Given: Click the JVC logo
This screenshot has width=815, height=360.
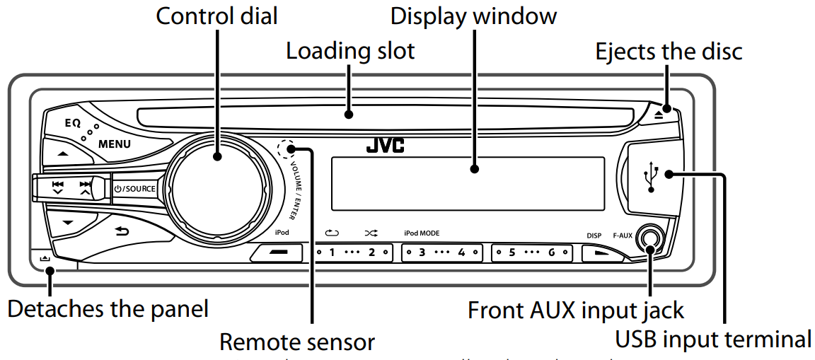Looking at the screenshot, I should coord(385,146).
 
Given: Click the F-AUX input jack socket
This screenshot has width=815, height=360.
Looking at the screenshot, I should coord(649,239).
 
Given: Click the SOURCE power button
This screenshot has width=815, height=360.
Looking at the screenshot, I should coord(134,189).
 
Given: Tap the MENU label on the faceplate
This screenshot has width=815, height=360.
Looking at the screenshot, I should coord(114,144).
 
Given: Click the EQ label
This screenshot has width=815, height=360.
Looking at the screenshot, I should coord(73,122).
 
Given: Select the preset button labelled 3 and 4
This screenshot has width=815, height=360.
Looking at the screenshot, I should coord(441,252).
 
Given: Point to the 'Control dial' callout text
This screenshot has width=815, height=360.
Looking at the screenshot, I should coord(216,16).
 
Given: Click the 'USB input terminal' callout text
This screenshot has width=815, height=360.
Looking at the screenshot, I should coord(713,339).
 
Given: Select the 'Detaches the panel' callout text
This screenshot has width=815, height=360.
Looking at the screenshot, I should coord(108,309).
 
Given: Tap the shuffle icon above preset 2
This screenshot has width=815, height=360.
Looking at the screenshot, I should coord(371,233).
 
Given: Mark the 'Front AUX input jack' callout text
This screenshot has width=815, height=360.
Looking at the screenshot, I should coord(576,310).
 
